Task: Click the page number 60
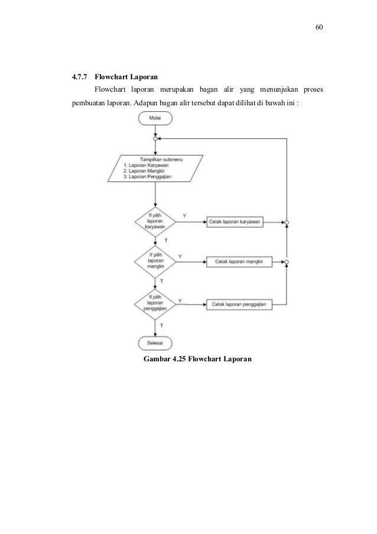pyautogui.click(x=319, y=28)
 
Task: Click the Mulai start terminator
pyautogui.click(x=155, y=118)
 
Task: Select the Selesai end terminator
pyautogui.click(x=155, y=343)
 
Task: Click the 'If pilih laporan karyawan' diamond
pyautogui.click(x=155, y=222)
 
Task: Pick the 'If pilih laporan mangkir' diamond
pyautogui.click(x=155, y=261)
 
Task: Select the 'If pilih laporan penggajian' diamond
pyautogui.click(x=155, y=303)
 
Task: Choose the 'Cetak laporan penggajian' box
pyautogui.click(x=238, y=304)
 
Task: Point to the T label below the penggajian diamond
pyautogui.click(x=162, y=325)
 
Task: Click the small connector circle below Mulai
pyautogui.click(x=155, y=139)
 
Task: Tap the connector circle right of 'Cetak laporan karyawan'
pyautogui.click(x=287, y=223)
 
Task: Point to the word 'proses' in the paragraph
pyautogui.click(x=315, y=89)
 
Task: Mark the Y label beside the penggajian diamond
pyautogui.click(x=180, y=300)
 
